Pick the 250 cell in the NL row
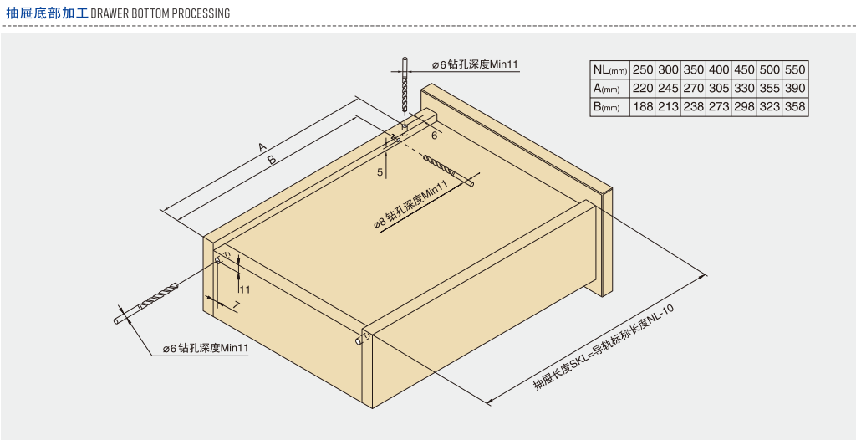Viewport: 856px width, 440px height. tap(643, 69)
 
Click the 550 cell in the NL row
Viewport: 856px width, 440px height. tap(795, 69)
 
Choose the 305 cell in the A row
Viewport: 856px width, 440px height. tap(719, 88)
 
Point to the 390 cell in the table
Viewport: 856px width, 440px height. tap(795, 88)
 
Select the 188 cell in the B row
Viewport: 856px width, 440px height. tap(643, 106)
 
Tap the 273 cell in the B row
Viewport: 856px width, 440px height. tap(719, 106)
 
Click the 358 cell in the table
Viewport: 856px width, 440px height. tap(795, 106)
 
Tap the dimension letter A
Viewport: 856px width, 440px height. tap(262, 146)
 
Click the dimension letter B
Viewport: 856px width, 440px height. tap(271, 161)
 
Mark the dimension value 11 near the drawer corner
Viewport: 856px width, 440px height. tap(244, 289)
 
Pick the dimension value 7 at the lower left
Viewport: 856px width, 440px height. tap(237, 304)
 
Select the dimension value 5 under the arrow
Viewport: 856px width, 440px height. tap(380, 172)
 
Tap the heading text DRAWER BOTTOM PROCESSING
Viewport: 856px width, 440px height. tap(160, 13)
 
